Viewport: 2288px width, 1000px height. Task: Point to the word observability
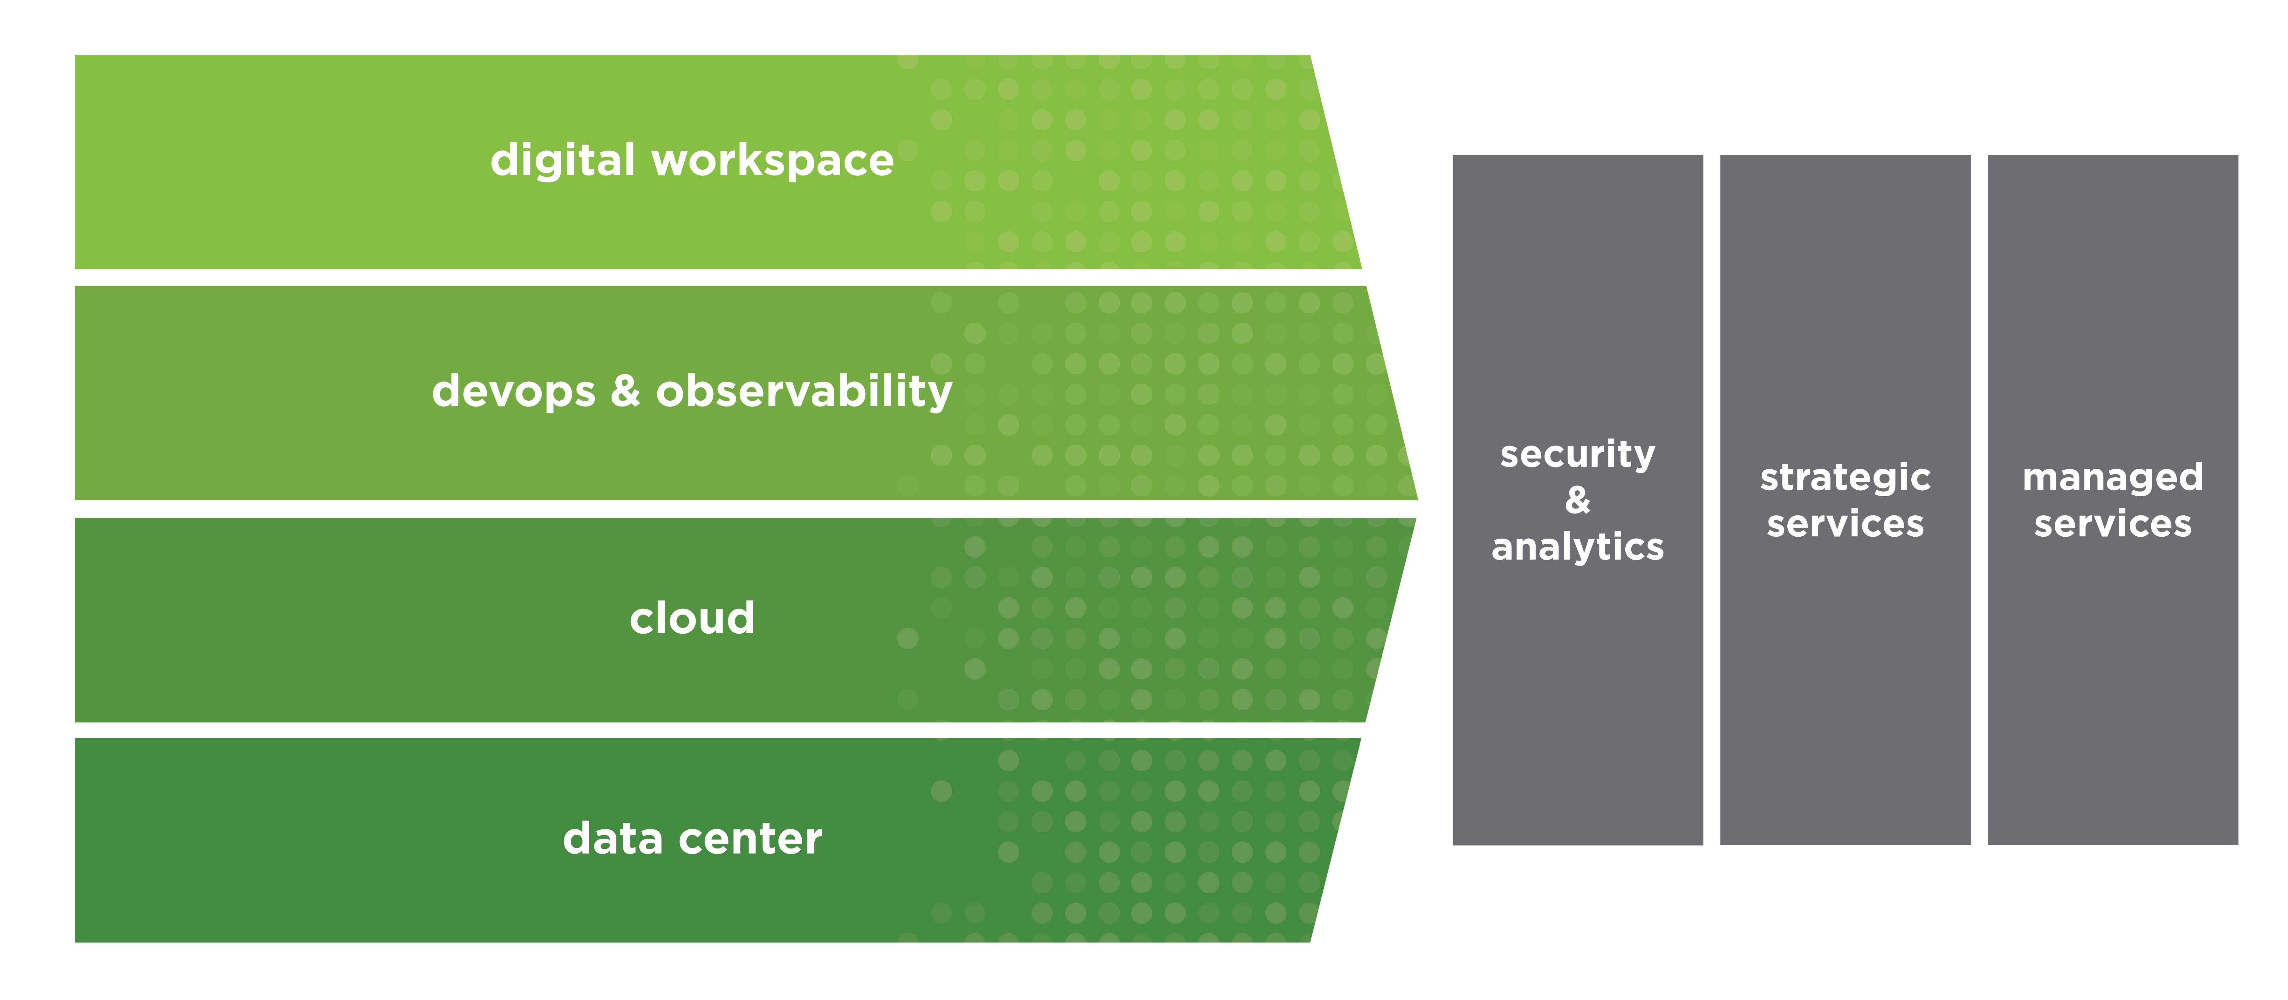[x=804, y=392]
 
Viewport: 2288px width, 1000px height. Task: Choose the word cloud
[x=692, y=618]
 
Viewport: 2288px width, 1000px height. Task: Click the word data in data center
[x=613, y=838]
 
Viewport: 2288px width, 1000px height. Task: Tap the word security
[x=1578, y=455]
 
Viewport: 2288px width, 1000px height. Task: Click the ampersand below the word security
[x=1578, y=500]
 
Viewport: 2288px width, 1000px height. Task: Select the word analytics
[x=1578, y=547]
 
